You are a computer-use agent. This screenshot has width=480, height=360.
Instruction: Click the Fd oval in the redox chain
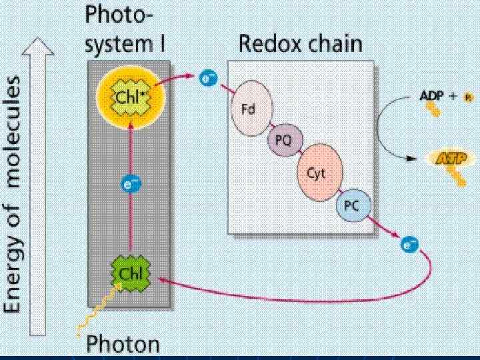pyautogui.click(x=247, y=109)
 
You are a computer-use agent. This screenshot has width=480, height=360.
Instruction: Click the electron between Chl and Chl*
pyautogui.click(x=131, y=184)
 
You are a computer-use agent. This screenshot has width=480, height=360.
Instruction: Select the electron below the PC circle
pyautogui.click(x=409, y=245)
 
